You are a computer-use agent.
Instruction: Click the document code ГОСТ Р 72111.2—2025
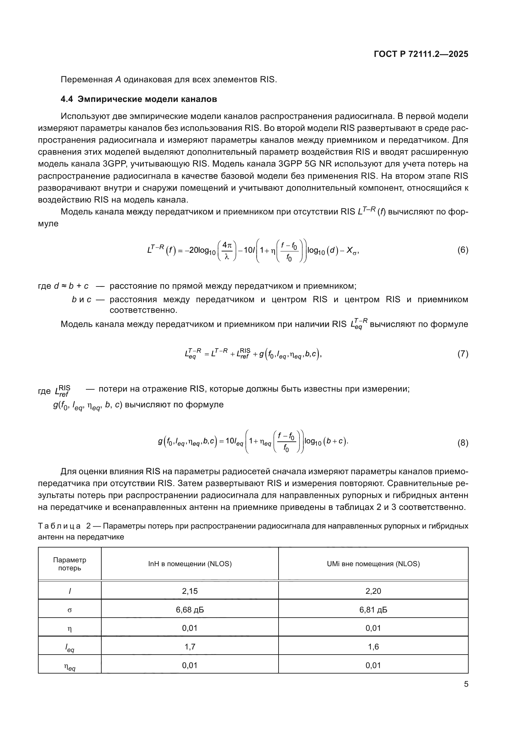pyautogui.click(x=421, y=54)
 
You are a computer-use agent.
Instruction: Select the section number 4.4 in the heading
pyautogui.click(x=67, y=99)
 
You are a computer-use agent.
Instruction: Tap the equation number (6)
pyautogui.click(x=463, y=250)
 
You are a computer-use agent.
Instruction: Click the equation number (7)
pyautogui.click(x=463, y=354)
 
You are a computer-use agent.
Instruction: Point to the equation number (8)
pyautogui.click(x=463, y=443)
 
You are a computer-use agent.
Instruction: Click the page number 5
pyautogui.click(x=466, y=684)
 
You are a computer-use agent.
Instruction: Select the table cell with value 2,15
pyautogui.click(x=190, y=591)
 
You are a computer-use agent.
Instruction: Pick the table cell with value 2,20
pyautogui.click(x=373, y=591)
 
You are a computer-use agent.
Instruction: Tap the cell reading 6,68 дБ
pyautogui.click(x=190, y=610)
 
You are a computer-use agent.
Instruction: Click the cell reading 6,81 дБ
pyautogui.click(x=373, y=610)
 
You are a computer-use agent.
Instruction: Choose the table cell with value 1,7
pyautogui.click(x=190, y=647)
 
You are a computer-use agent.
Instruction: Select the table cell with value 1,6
pyautogui.click(x=373, y=647)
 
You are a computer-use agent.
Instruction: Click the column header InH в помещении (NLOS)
pyautogui.click(x=190, y=564)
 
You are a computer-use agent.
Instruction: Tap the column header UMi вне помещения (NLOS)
pyautogui.click(x=373, y=564)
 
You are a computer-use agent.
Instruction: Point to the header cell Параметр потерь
pyautogui.click(x=69, y=564)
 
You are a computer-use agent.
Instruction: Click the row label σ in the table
pyautogui.click(x=69, y=610)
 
